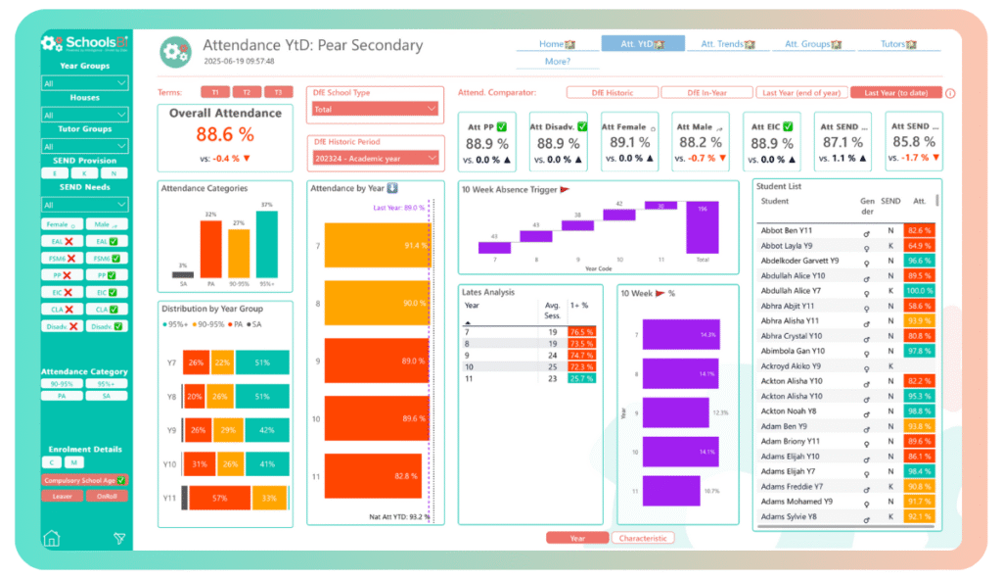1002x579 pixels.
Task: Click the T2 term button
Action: click(x=247, y=92)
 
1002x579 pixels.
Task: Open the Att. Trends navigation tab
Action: click(x=728, y=44)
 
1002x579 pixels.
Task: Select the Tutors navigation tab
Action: click(x=897, y=44)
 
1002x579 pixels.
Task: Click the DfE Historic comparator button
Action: click(x=612, y=93)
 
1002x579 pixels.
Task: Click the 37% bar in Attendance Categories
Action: click(x=267, y=244)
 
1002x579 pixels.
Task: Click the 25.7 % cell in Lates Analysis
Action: click(x=583, y=378)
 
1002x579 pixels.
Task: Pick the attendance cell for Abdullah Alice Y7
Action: click(x=919, y=291)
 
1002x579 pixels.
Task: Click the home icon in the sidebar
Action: click(x=52, y=538)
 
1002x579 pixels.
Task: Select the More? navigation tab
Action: click(x=557, y=62)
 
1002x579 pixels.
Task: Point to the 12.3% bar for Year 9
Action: click(x=675, y=412)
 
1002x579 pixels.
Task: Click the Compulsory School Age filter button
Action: click(x=84, y=480)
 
